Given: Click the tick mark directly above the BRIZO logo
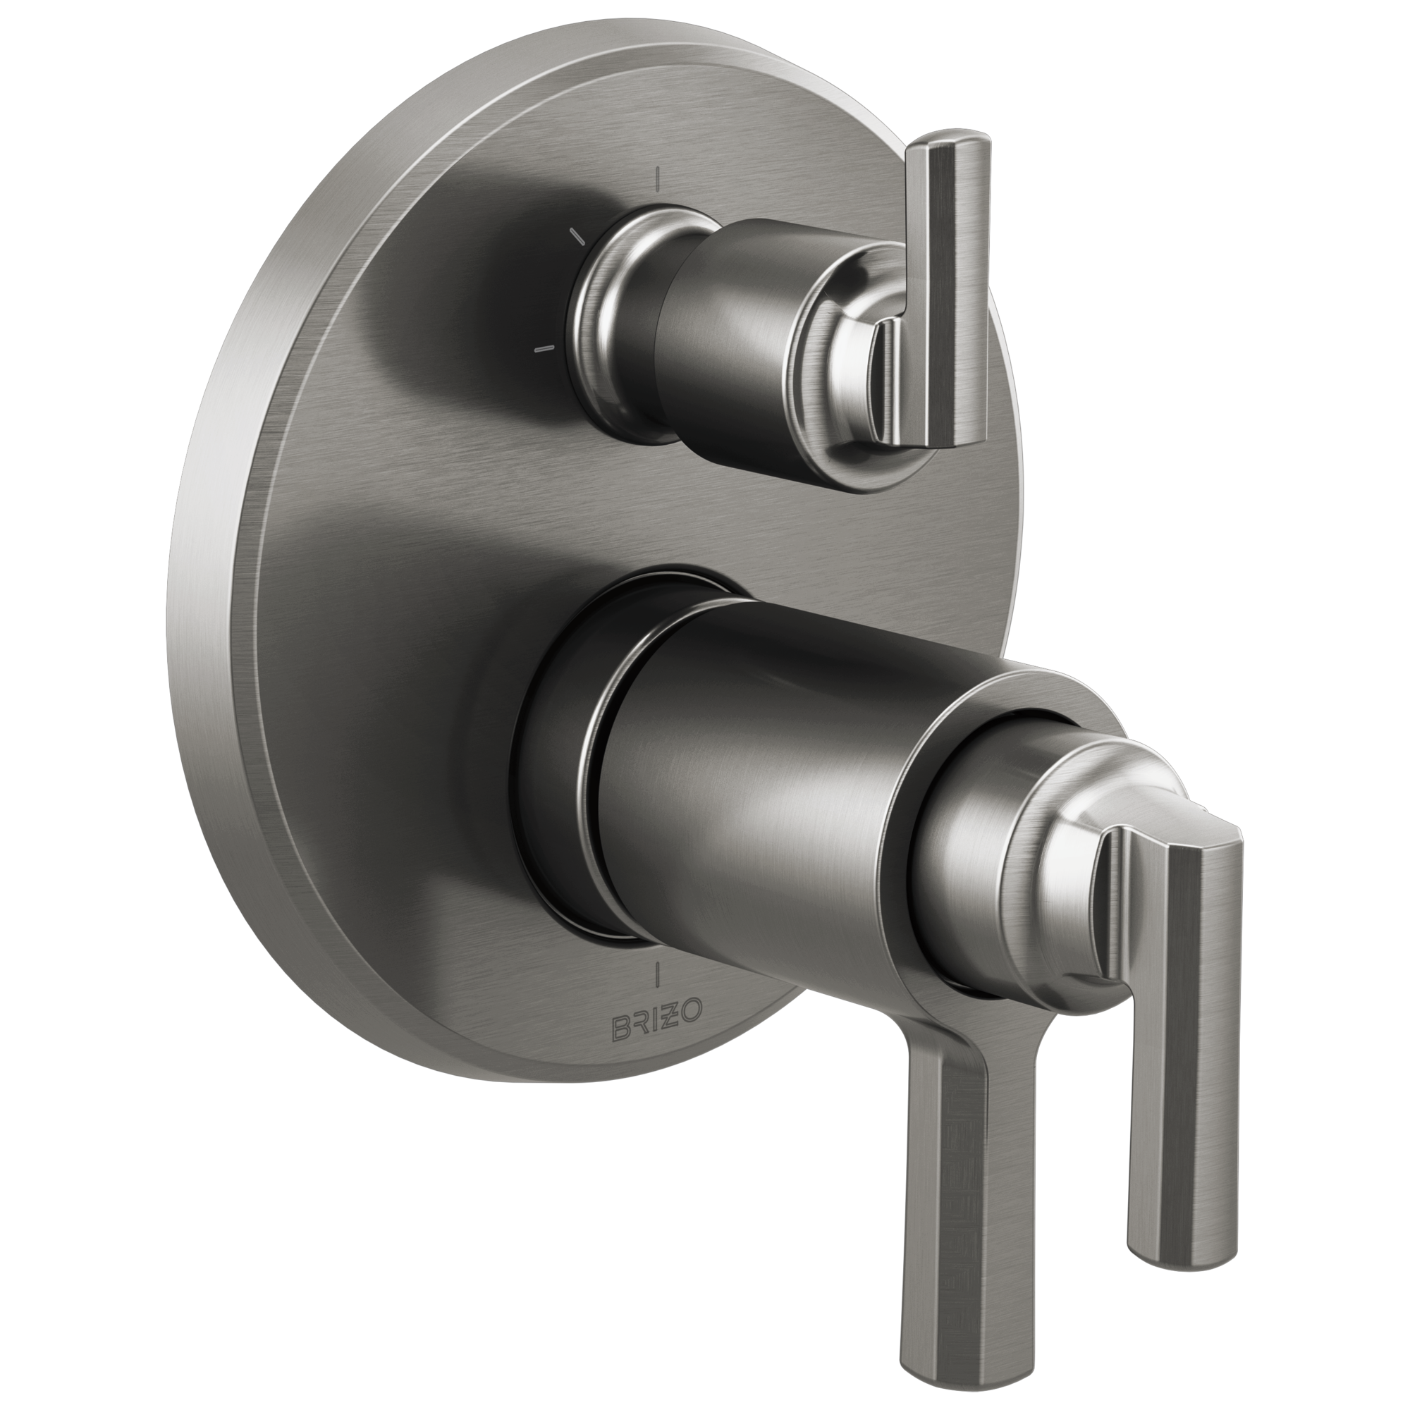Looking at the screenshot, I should (658, 975).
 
